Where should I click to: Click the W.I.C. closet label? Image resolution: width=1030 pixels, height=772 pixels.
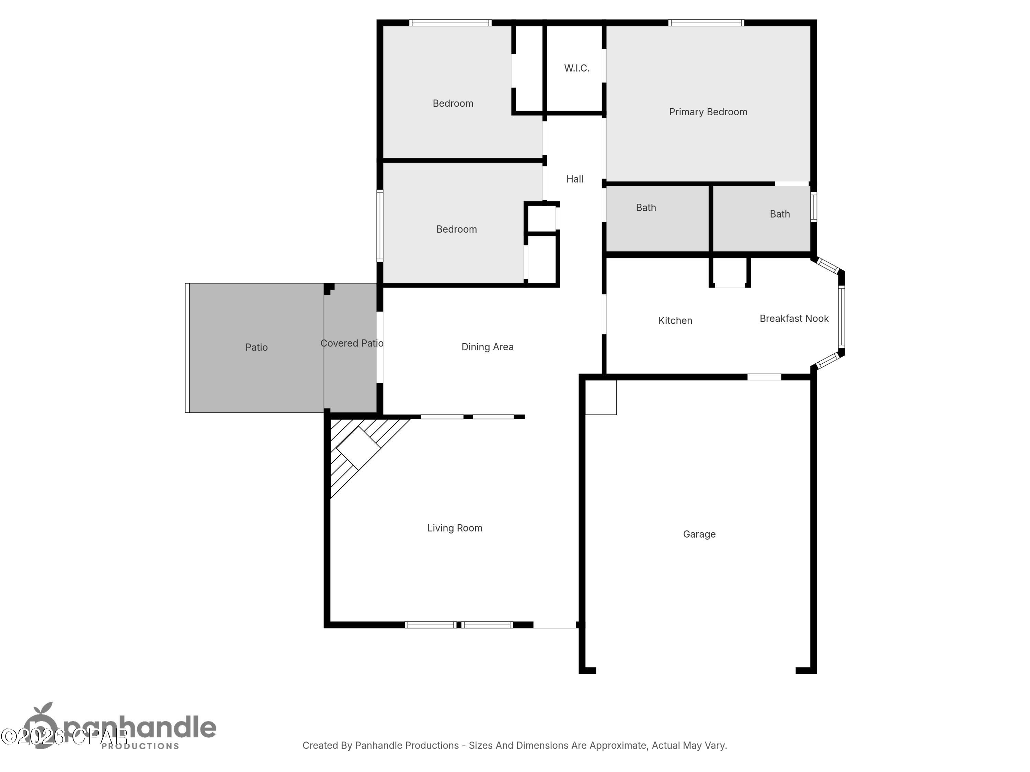576,68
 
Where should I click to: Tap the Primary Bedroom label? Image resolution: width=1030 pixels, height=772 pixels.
708,112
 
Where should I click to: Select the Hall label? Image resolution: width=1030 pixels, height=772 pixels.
575,179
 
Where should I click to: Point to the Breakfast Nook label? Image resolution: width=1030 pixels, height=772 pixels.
794,319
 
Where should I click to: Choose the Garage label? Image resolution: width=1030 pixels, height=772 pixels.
699,534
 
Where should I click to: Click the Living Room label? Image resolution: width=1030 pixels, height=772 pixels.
455,528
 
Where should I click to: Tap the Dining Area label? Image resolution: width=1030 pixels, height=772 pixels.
487,347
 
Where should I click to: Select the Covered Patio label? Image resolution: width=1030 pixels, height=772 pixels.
352,343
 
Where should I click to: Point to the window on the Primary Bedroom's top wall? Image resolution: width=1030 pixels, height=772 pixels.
706,23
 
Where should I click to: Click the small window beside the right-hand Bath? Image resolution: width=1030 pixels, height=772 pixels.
813,207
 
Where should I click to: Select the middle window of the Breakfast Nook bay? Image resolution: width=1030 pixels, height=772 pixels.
842,316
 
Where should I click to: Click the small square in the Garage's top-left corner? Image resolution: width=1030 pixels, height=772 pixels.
601,397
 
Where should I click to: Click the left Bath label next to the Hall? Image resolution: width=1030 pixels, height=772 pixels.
646,208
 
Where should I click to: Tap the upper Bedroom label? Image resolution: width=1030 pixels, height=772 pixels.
453,104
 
